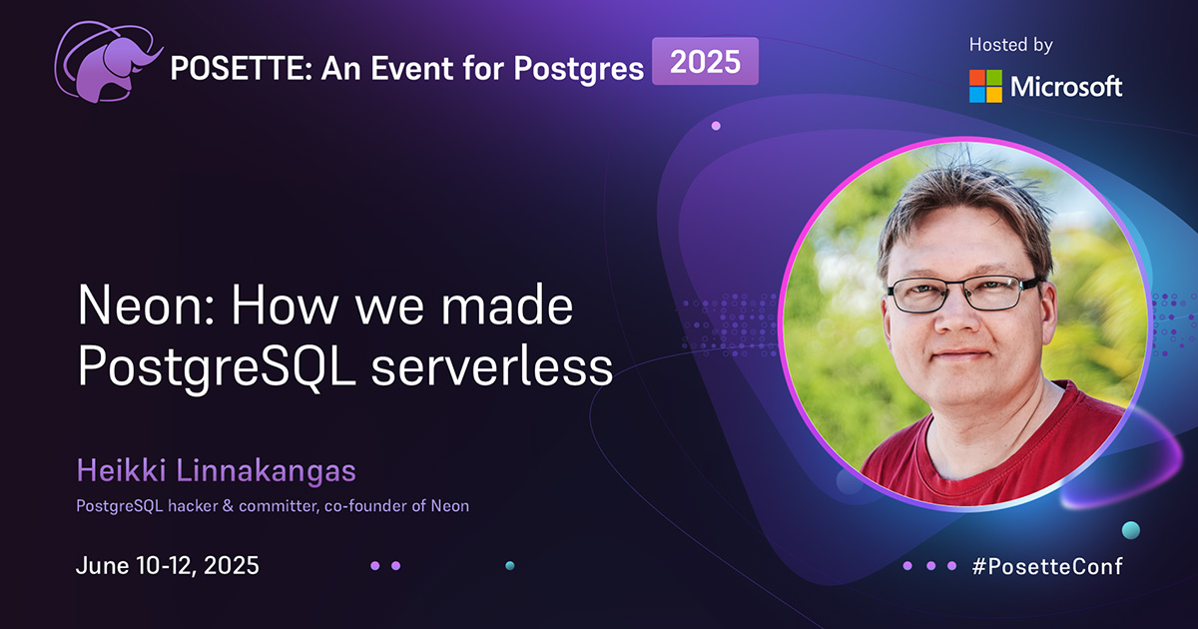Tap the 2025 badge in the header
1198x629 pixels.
click(705, 62)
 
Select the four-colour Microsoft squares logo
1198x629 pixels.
click(985, 86)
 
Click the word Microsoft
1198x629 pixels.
click(1066, 87)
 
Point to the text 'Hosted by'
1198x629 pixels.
click(1011, 45)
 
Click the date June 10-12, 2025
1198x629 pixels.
click(168, 565)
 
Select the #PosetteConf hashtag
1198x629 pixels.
click(1046, 566)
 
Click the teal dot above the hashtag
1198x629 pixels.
click(1130, 529)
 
